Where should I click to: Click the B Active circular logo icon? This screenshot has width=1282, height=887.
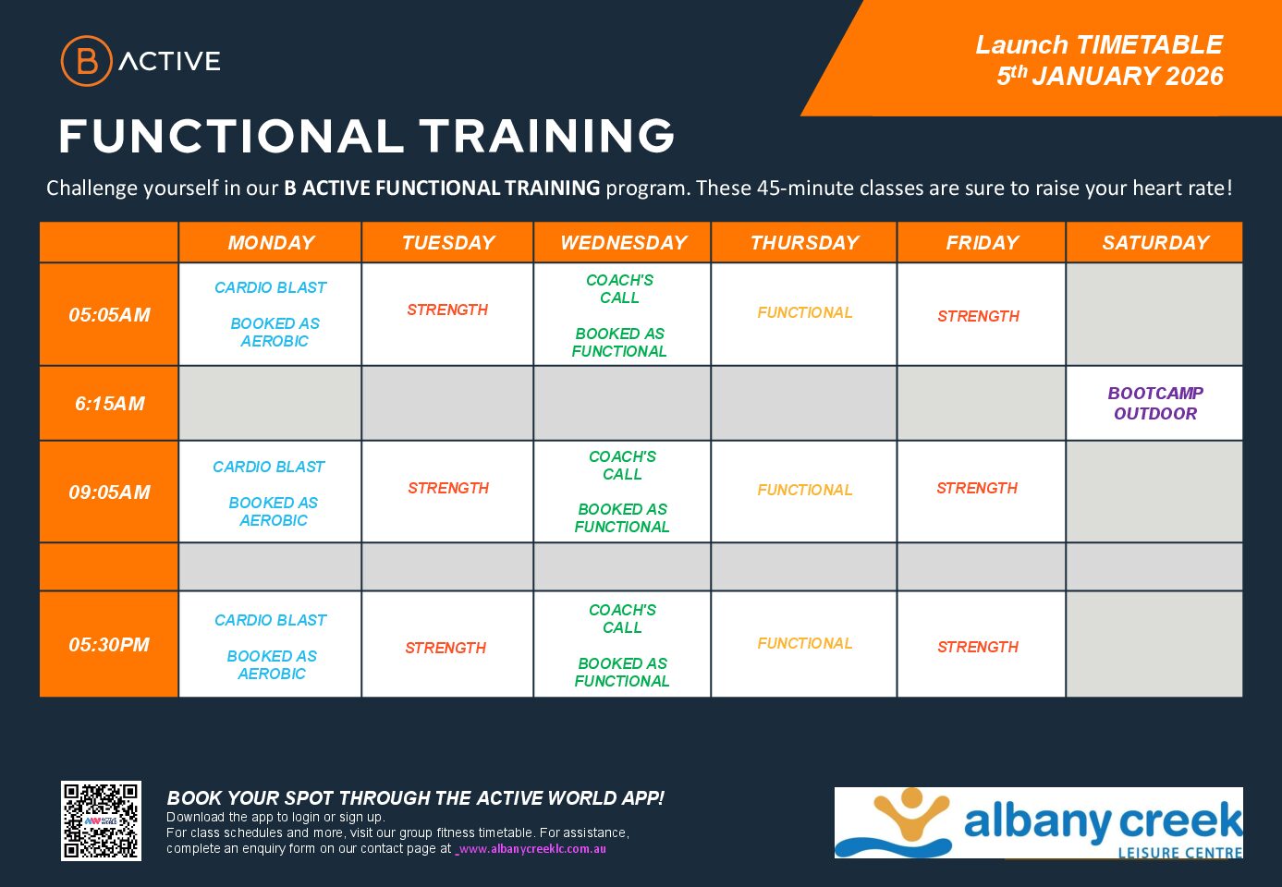pos(86,61)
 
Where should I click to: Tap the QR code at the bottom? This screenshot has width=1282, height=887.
pos(101,820)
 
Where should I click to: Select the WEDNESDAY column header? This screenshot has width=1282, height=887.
pos(623,243)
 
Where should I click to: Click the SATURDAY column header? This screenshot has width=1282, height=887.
pos(1154,243)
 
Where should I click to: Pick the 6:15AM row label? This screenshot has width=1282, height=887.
pos(109,404)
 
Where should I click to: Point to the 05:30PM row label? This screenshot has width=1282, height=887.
pos(109,645)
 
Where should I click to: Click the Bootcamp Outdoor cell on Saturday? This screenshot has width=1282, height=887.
pos(1154,403)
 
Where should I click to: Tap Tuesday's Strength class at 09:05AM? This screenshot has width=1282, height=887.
pos(448,488)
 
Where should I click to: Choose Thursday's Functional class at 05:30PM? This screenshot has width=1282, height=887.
pos(804,643)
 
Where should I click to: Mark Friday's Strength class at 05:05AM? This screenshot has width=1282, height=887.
pos(978,316)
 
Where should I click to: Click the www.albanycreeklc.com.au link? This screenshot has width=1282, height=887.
pos(532,849)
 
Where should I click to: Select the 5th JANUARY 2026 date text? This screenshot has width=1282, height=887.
pos(1109,77)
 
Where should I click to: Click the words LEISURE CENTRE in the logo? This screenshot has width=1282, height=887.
pos(1179,852)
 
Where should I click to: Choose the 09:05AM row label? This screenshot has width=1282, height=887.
pos(109,492)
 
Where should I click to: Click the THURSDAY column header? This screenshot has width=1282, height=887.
pos(804,243)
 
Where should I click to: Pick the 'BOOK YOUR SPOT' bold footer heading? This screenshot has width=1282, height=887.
pos(415,798)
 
